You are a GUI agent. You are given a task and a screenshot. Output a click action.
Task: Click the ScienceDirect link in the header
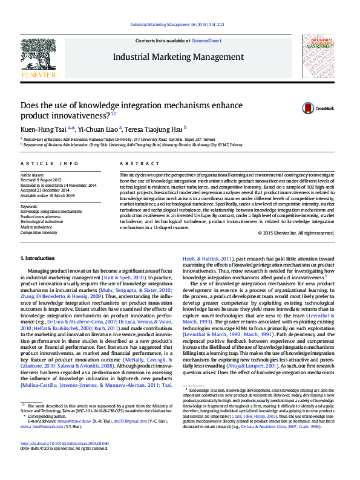[x=206, y=41]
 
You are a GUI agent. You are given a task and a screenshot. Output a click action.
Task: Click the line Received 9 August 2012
[x=41, y=180]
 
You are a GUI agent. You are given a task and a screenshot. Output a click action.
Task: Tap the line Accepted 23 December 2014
[x=45, y=190]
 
